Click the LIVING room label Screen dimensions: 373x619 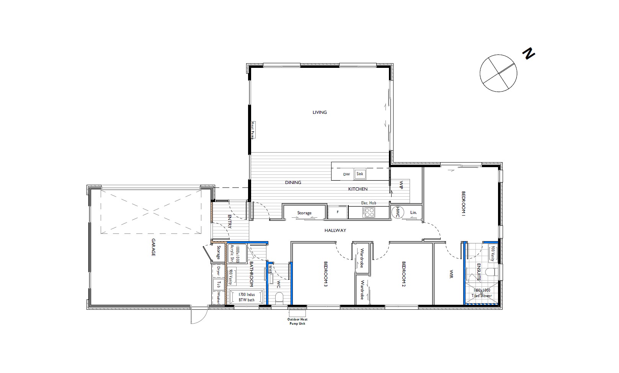click(x=320, y=112)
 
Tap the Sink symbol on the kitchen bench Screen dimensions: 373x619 click(x=359, y=174)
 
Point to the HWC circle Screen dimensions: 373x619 click(x=398, y=212)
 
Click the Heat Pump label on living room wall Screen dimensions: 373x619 click(x=253, y=130)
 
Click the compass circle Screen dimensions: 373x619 click(x=498, y=73)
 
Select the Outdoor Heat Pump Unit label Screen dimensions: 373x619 click(x=297, y=321)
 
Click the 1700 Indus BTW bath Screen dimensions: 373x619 click(x=247, y=297)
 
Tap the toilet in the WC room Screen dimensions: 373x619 click(x=279, y=297)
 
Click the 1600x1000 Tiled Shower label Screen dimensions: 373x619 click(x=481, y=293)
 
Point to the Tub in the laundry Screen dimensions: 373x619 click(x=219, y=284)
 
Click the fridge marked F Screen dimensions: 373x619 click(x=338, y=212)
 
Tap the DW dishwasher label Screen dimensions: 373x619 click(x=346, y=174)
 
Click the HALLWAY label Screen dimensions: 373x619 click(x=335, y=230)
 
